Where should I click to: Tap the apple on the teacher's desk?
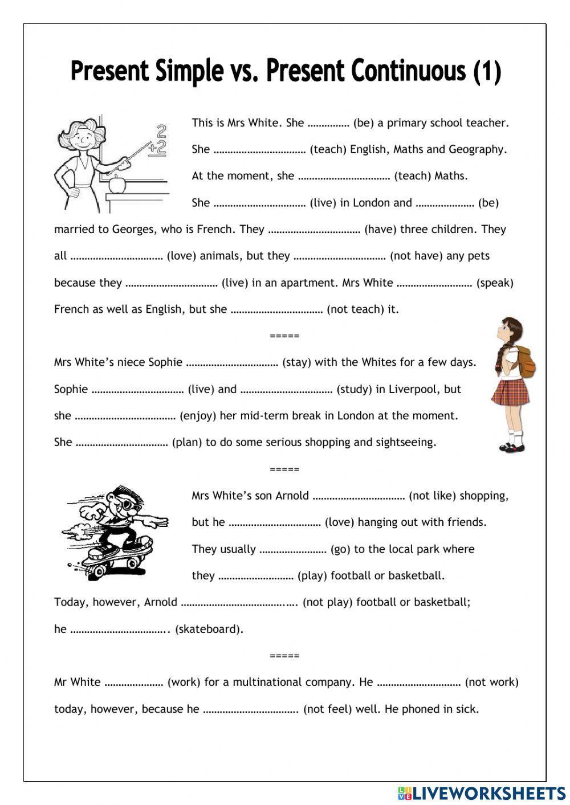click(118, 183)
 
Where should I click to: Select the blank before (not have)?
click(340, 256)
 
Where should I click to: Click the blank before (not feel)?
click(251, 709)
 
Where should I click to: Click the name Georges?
click(133, 230)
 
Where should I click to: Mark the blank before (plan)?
click(121, 443)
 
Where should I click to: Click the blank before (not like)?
click(359, 496)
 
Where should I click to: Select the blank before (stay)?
click(232, 362)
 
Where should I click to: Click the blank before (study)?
click(286, 390)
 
